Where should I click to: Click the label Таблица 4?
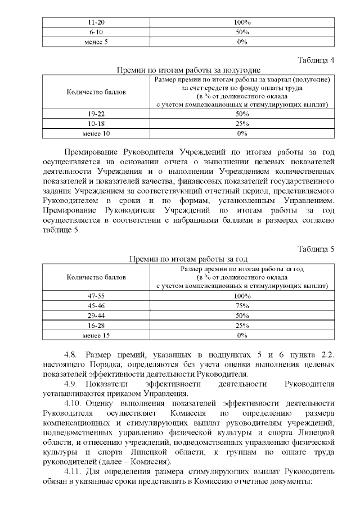tap(316, 60)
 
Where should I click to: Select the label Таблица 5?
tap(316, 249)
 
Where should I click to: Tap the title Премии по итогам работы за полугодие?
tap(188, 70)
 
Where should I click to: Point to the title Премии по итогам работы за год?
tap(188, 259)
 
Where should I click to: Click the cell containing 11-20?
tap(96, 22)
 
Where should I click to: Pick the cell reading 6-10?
tap(96, 32)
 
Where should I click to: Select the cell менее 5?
tap(96, 42)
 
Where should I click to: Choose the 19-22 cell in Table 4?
tap(96, 114)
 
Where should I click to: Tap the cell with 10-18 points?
tap(96, 123)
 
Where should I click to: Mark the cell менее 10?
tap(96, 133)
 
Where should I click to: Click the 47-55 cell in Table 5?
tap(96, 296)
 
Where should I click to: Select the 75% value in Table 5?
tap(242, 305)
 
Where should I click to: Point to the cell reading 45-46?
tap(96, 305)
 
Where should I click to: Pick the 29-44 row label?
tap(96, 316)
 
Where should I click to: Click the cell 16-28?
tap(96, 325)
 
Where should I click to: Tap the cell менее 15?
tap(96, 335)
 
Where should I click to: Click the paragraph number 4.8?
tap(71, 354)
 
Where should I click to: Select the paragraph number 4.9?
tap(71, 384)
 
